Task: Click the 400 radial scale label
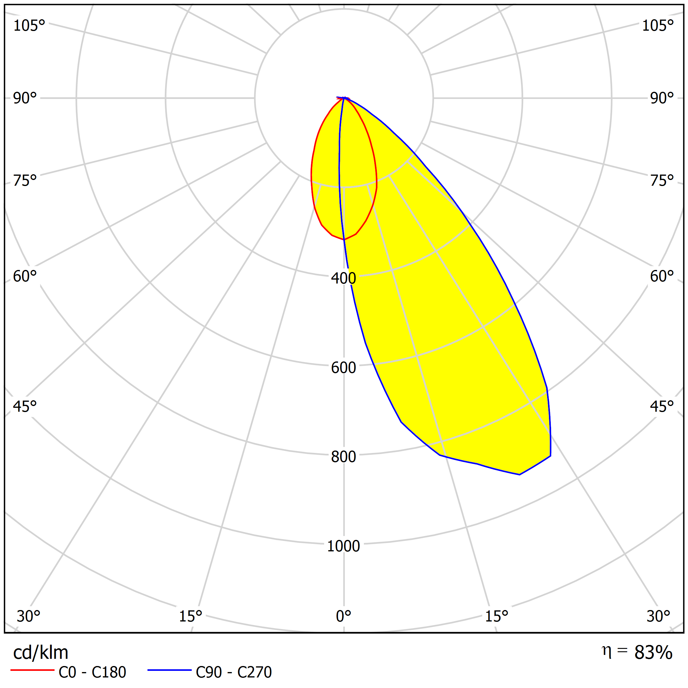click(343, 278)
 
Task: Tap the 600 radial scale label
click(343, 367)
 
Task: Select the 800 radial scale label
click(343, 457)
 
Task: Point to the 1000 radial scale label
click(343, 546)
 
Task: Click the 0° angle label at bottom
click(343, 616)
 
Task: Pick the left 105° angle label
click(29, 26)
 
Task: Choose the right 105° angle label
click(658, 26)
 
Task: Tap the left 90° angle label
click(25, 98)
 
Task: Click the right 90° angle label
click(662, 98)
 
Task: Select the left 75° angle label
click(25, 181)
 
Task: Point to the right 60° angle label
click(662, 276)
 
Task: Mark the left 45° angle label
click(25, 406)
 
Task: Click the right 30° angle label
click(658, 616)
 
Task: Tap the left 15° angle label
click(190, 616)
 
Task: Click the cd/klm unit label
click(40, 652)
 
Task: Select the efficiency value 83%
click(653, 652)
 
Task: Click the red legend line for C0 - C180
click(32, 670)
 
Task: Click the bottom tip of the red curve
click(344, 240)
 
